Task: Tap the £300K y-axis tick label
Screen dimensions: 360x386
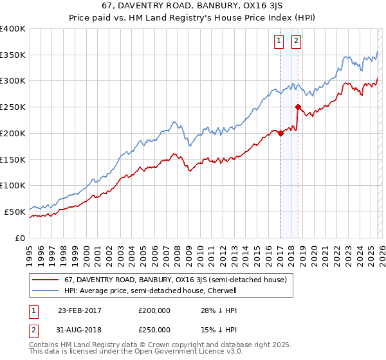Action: [x=13, y=81]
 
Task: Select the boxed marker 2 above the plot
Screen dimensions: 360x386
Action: [x=297, y=42]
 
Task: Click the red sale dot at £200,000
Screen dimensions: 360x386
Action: [x=280, y=133]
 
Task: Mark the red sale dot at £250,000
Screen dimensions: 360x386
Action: [x=298, y=107]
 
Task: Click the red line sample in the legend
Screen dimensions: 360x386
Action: [x=46, y=280]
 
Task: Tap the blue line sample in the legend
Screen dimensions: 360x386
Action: [x=46, y=291]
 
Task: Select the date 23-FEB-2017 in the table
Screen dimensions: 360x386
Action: [x=79, y=310]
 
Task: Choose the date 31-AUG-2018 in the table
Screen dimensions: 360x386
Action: [x=79, y=330]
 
